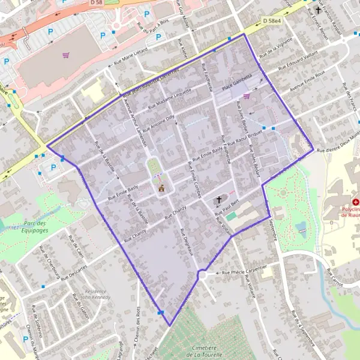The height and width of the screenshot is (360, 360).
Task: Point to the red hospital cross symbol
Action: coord(356,203)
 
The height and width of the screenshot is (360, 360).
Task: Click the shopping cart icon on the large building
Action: coord(65,55)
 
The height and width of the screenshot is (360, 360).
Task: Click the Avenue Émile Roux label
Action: coord(307,82)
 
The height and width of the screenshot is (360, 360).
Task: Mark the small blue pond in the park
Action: coord(301,227)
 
